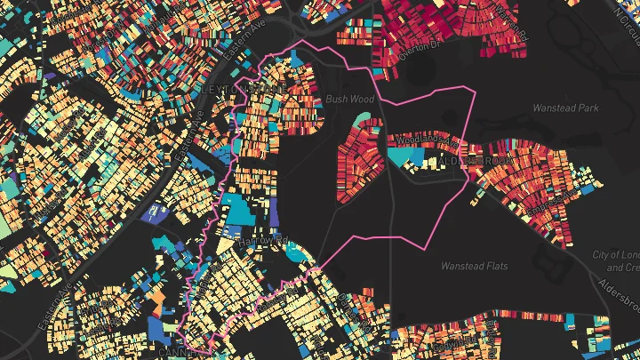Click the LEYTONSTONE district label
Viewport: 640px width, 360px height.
point(242,91)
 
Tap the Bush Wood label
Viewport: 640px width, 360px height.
point(349,100)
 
